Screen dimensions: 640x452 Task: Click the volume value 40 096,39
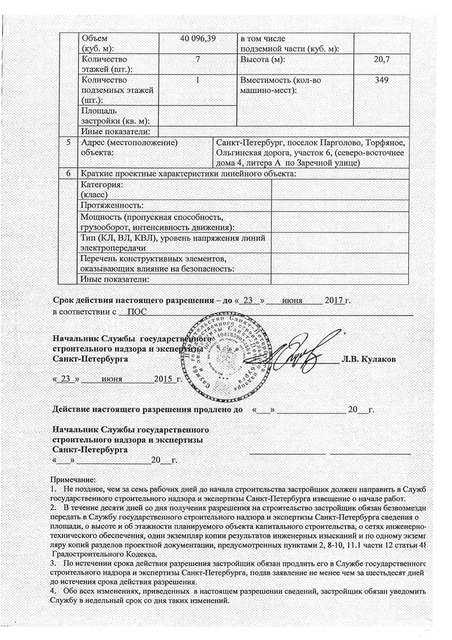(x=198, y=38)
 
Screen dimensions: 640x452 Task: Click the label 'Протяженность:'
(x=112, y=205)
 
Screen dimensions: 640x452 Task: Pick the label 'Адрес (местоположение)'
(x=126, y=142)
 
